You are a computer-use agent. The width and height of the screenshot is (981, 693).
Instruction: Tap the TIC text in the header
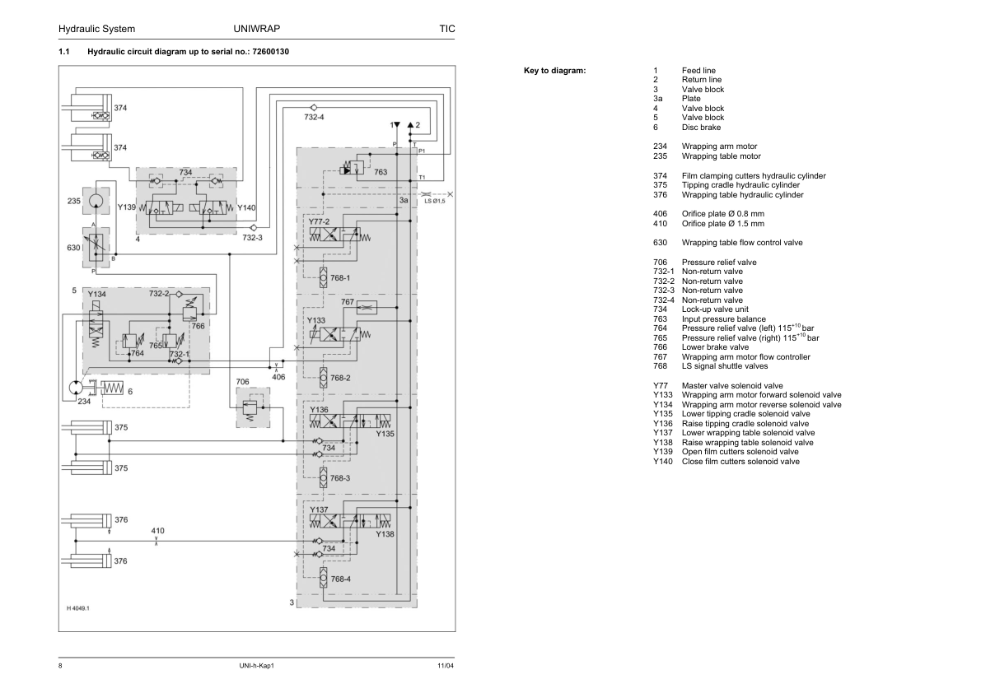(x=447, y=29)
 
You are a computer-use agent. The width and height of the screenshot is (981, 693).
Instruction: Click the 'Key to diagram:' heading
(x=554, y=71)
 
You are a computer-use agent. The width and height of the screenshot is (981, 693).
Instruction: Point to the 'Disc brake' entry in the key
(x=701, y=128)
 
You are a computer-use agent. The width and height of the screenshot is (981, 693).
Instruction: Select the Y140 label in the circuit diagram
(x=246, y=208)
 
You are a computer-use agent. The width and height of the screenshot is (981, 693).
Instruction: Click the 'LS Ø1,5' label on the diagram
(x=434, y=201)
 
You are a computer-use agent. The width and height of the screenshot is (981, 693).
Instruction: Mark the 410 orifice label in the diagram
(x=157, y=531)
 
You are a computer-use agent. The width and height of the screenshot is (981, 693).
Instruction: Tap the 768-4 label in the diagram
(x=340, y=579)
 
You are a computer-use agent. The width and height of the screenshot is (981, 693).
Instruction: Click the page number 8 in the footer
(x=61, y=665)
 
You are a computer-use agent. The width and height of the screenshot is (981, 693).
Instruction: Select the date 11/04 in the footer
(x=446, y=665)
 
